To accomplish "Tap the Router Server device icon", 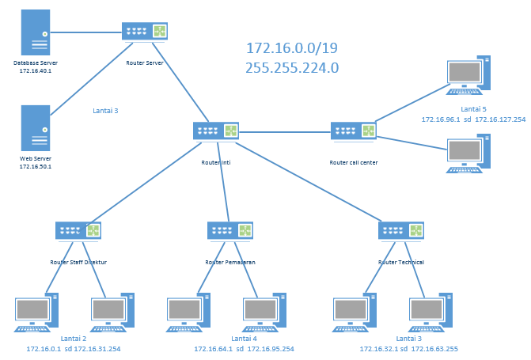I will coord(145,32).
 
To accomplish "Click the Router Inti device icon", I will coord(215,131).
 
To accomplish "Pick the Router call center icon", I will coord(353,131).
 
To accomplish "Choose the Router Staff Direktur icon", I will coord(78,230).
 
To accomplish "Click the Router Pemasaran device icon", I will coord(229,230).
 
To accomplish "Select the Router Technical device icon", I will coord(401,230).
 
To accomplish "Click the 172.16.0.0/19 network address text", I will coord(292,48).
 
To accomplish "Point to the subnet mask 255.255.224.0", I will coord(292,68).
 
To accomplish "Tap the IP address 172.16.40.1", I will coord(36,71).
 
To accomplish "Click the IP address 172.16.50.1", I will coord(36,167).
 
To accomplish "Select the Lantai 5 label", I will coord(473,109).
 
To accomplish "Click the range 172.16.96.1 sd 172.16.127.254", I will coord(473,119).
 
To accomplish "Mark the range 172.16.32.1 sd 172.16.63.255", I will coord(408,349).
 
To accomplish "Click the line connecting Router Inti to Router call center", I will coord(285,131).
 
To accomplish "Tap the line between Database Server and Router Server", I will coord(87,32).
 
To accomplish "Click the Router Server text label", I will coord(145,63).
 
